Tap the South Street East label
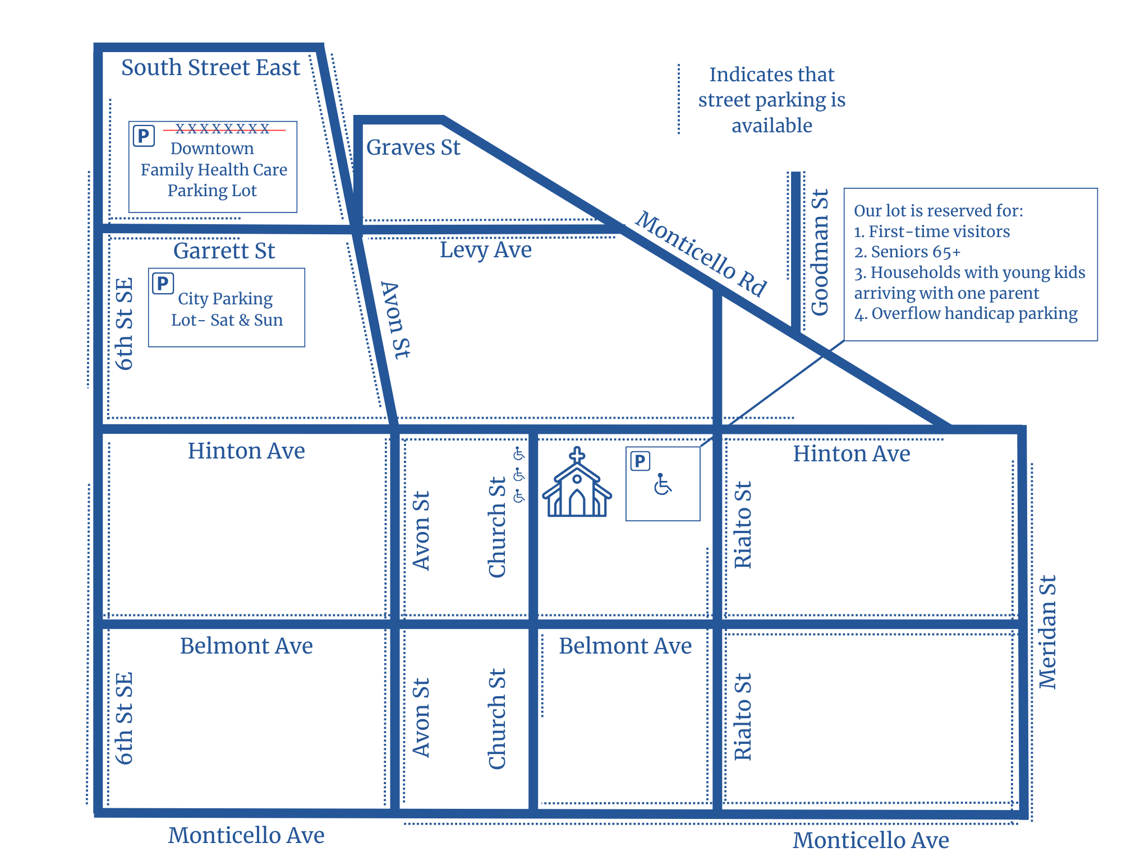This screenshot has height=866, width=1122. click(x=210, y=68)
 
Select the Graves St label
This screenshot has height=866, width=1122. click(x=413, y=148)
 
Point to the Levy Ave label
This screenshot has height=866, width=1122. click(x=485, y=250)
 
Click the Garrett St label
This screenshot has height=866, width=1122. click(x=224, y=251)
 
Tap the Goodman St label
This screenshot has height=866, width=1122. click(x=820, y=252)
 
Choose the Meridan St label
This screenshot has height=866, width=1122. click(x=1047, y=632)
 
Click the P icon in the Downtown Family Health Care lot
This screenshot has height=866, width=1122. click(x=144, y=136)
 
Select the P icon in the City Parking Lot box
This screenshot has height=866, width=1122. click(x=163, y=284)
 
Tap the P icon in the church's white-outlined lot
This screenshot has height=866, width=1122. click(x=640, y=461)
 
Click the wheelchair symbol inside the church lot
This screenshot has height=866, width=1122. click(x=663, y=485)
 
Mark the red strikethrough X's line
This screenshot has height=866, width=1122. click(x=223, y=129)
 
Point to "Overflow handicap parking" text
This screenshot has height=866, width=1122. click(x=974, y=314)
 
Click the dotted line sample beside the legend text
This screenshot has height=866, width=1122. click(x=679, y=99)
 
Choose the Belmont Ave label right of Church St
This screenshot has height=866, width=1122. click(x=625, y=646)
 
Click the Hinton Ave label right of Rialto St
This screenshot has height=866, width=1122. click(x=851, y=454)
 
